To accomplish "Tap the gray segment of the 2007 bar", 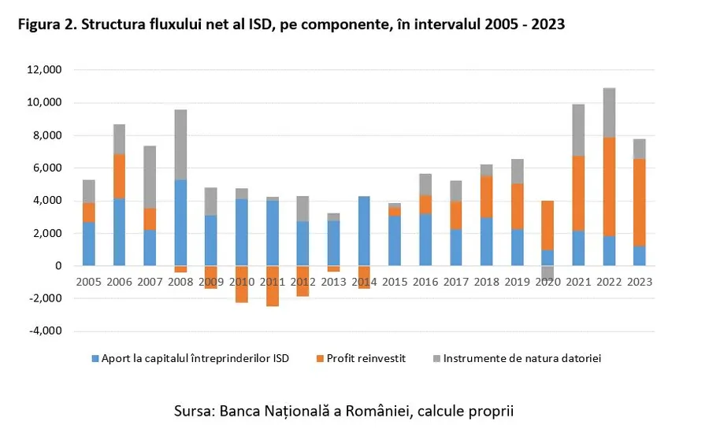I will tap(150, 177).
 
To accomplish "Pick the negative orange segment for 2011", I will tap(272, 286).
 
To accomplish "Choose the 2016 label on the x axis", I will tap(425, 281).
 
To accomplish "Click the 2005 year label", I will tap(89, 281).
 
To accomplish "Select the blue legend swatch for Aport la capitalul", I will tap(95, 359).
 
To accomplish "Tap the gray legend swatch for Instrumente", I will tap(436, 359).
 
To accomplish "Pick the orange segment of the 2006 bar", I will tap(120, 176).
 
